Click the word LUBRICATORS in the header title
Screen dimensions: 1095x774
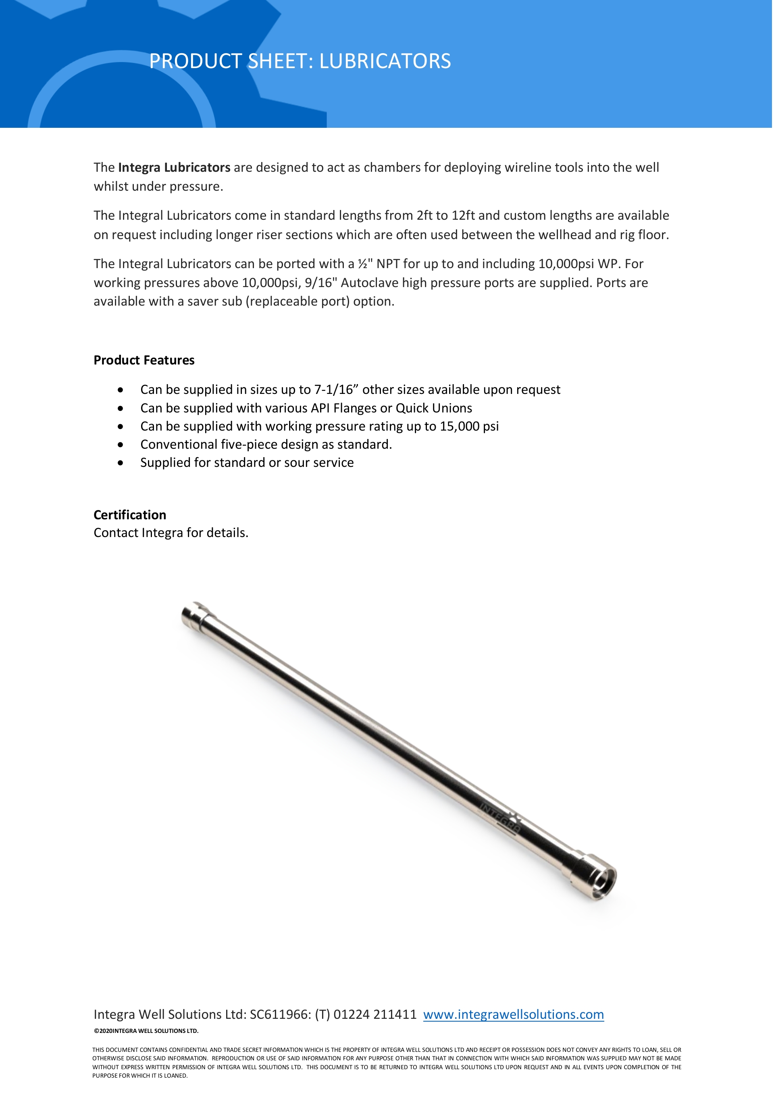385,61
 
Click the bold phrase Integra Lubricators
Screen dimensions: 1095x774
174,167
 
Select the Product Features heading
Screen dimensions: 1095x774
144,360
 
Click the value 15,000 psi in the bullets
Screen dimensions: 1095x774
469,427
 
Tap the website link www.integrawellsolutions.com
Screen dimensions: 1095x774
513,1014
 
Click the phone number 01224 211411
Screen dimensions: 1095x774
375,1014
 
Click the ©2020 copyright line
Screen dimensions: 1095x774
146,1030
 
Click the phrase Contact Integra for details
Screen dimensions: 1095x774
171,533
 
